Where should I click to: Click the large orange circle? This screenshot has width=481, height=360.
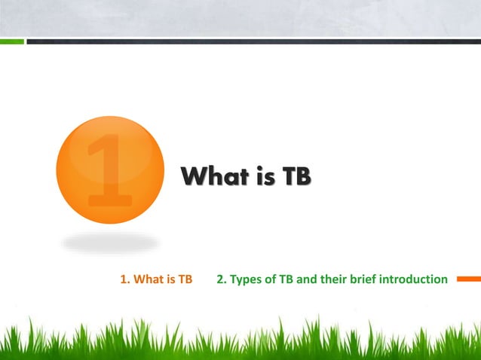[x=110, y=169]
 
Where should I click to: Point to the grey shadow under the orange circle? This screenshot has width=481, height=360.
[x=110, y=243]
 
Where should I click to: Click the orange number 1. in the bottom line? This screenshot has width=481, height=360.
[x=125, y=280]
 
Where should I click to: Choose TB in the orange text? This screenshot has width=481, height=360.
[x=184, y=280]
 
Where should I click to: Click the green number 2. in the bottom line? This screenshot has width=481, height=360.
[x=222, y=280]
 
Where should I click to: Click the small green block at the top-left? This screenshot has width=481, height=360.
[x=11, y=41]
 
